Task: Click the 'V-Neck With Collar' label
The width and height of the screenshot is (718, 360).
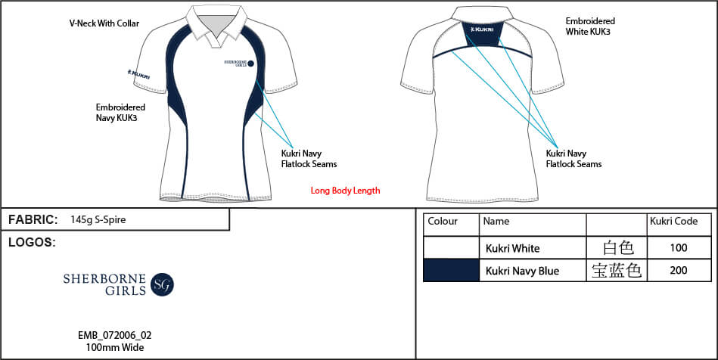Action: (104, 23)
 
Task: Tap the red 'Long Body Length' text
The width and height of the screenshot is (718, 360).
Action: (345, 191)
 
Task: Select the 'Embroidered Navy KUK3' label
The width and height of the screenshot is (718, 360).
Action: (120, 113)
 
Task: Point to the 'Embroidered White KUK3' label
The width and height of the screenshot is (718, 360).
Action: (590, 26)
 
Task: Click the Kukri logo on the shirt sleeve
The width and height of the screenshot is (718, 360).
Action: (138, 74)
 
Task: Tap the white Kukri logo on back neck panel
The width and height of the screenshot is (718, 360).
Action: (482, 29)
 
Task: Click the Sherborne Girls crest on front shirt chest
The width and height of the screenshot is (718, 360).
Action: (239, 64)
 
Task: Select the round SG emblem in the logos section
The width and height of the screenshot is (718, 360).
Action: (162, 284)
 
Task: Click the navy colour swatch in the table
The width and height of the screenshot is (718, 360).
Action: (451, 270)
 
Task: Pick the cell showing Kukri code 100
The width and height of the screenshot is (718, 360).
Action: (679, 248)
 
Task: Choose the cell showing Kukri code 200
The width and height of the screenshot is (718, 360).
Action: (679, 270)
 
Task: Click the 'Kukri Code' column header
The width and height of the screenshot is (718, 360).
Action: (673, 222)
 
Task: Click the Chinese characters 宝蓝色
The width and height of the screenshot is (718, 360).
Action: (617, 270)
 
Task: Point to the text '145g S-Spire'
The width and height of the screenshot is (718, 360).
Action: (98, 220)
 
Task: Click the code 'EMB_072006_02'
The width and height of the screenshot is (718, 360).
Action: (114, 336)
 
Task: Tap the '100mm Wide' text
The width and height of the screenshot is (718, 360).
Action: (114, 348)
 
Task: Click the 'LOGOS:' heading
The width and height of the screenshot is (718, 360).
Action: (32, 243)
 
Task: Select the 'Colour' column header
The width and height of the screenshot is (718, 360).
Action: (443, 222)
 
